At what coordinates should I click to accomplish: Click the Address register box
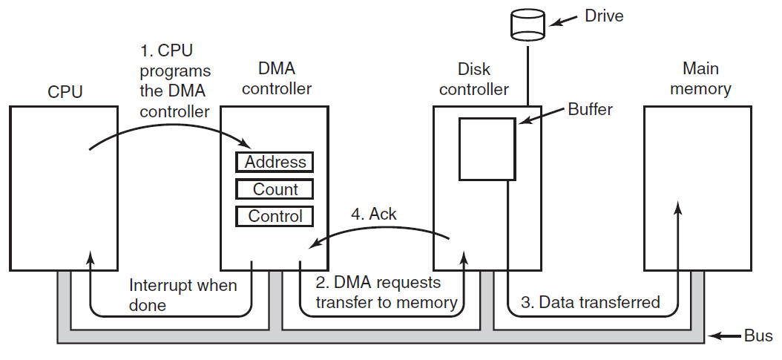point(275,162)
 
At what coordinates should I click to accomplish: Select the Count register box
point(275,189)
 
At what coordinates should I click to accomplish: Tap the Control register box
point(275,217)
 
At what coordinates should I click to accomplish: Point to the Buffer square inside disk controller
point(487,148)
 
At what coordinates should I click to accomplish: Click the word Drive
point(604,16)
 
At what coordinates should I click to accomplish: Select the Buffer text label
point(590,109)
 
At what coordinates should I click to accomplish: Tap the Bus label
point(758,336)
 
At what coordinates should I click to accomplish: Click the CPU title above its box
point(65,92)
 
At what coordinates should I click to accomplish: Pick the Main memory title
point(700,78)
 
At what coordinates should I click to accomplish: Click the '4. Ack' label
point(373,214)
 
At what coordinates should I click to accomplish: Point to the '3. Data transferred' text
point(590,301)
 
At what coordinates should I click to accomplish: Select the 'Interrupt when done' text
point(183,295)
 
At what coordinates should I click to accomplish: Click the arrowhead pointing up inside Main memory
point(678,208)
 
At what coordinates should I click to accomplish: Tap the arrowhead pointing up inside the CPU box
point(91,258)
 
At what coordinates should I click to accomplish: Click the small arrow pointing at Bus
point(725,336)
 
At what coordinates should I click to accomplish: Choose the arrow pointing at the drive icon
point(564,21)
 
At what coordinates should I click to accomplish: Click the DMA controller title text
point(277,79)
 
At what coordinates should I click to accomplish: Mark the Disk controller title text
point(474,79)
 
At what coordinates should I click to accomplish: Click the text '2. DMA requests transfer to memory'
point(387,292)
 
